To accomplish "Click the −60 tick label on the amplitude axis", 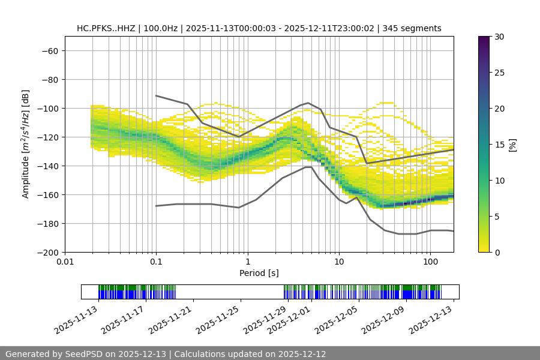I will point(49,50).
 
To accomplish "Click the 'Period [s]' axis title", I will point(259,273).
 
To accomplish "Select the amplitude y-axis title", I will point(25,144).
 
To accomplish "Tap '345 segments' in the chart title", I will point(412,28).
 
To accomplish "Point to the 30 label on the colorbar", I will point(499,37).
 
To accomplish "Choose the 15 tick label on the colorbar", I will point(499,145).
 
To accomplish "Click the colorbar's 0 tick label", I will point(496,252).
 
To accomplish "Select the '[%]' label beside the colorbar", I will point(512,145).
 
